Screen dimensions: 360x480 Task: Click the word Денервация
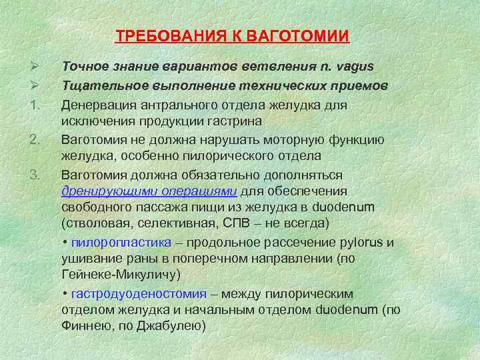click(x=96, y=105)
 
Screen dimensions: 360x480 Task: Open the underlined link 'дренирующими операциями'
click(x=149, y=190)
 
